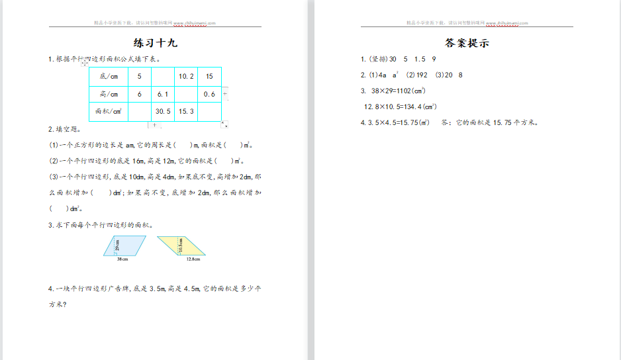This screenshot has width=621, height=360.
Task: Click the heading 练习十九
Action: [156, 44]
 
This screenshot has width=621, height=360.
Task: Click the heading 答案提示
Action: [467, 44]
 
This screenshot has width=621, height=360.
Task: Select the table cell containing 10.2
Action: [186, 77]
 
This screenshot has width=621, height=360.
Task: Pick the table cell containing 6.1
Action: [163, 95]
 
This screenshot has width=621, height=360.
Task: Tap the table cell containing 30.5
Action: [163, 112]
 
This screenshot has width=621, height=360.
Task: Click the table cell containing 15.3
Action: [186, 112]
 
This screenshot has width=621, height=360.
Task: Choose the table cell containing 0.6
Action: [209, 95]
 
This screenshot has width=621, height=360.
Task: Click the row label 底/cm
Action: [109, 77]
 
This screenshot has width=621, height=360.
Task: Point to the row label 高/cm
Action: [109, 95]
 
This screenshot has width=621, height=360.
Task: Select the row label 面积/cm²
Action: [109, 112]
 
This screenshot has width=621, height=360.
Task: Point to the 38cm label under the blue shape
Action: [122, 259]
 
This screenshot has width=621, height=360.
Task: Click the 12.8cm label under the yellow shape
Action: [193, 259]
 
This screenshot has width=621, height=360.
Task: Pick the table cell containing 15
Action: [209, 77]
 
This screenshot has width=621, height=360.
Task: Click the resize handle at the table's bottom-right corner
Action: [224, 124]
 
